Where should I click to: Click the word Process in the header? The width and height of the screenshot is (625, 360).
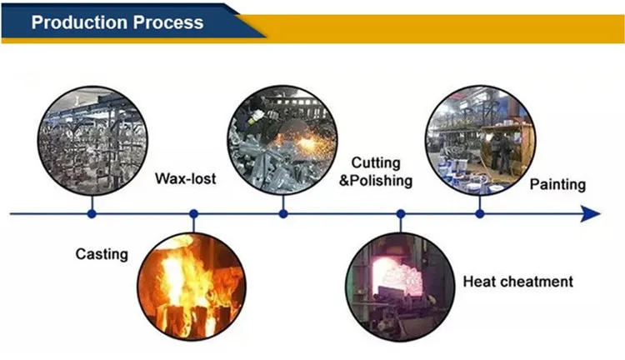[x=167, y=22]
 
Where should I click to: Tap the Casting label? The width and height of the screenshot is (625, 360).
[x=102, y=253]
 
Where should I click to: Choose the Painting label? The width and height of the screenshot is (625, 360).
[x=557, y=184]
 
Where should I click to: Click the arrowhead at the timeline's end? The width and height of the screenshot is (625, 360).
[x=591, y=214]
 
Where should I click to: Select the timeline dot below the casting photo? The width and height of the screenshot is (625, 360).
[x=92, y=214]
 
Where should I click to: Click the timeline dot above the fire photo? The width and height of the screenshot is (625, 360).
[x=193, y=214]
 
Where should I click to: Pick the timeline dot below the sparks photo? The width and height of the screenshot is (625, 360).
[x=283, y=214]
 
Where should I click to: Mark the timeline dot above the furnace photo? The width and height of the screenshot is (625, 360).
[x=401, y=214]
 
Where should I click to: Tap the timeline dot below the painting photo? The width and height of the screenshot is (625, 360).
[x=479, y=214]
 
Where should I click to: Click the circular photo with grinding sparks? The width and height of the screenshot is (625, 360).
[x=283, y=138]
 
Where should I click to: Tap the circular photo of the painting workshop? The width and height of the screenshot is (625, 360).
[x=479, y=138]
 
